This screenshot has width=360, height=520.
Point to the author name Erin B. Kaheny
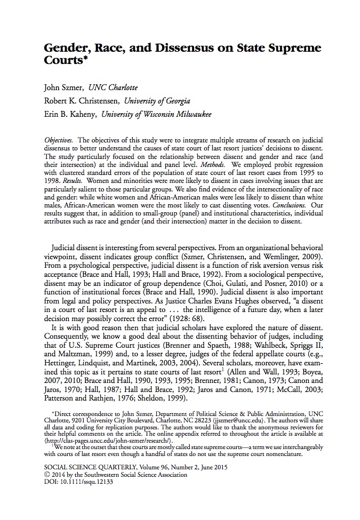[x=70, y=114]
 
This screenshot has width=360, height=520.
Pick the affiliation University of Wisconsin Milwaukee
[x=156, y=114]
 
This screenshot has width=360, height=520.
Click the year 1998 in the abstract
[x=53, y=181]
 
